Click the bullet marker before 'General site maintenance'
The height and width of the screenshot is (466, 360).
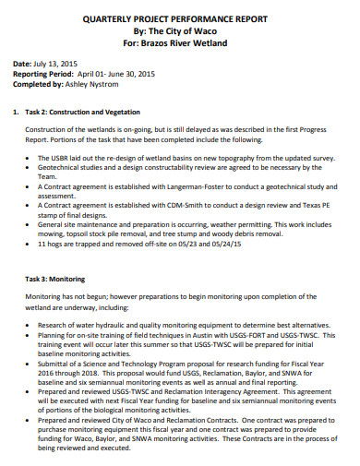pyautogui.click(x=30, y=225)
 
